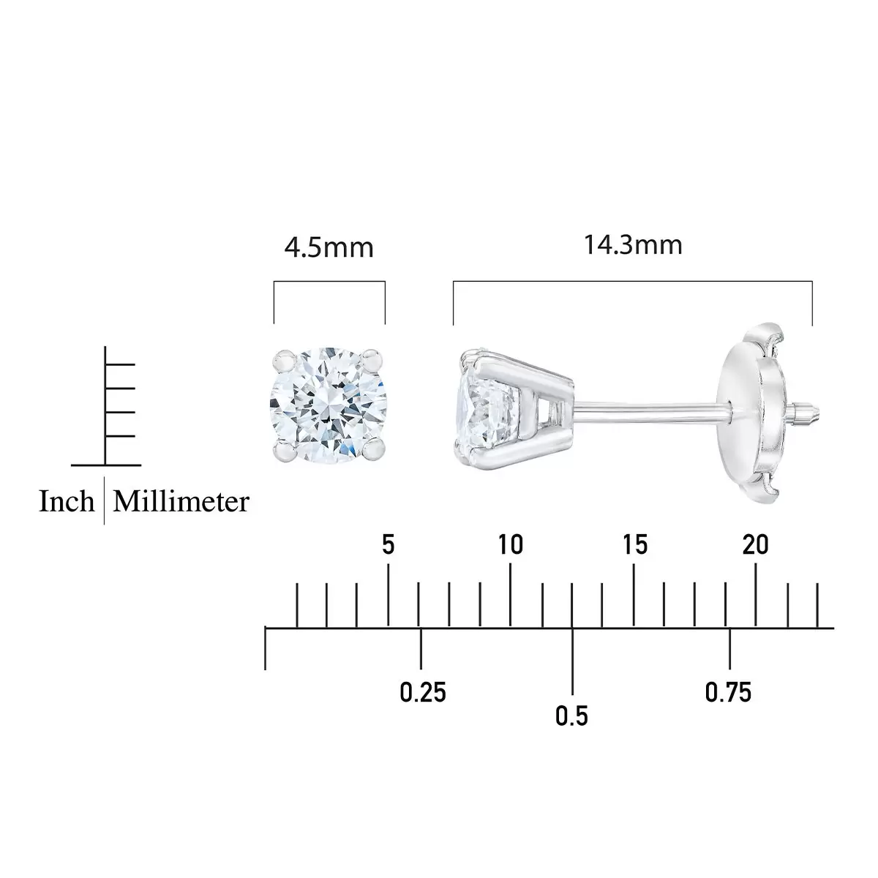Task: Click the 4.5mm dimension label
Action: (329, 248)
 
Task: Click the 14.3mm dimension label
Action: (633, 245)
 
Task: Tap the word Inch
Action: (67, 501)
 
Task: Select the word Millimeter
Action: (181, 501)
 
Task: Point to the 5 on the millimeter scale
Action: (389, 544)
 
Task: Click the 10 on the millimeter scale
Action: (510, 544)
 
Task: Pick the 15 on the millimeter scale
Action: (634, 544)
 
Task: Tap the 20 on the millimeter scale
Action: (755, 544)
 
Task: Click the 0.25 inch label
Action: (423, 693)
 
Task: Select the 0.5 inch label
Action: (572, 716)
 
